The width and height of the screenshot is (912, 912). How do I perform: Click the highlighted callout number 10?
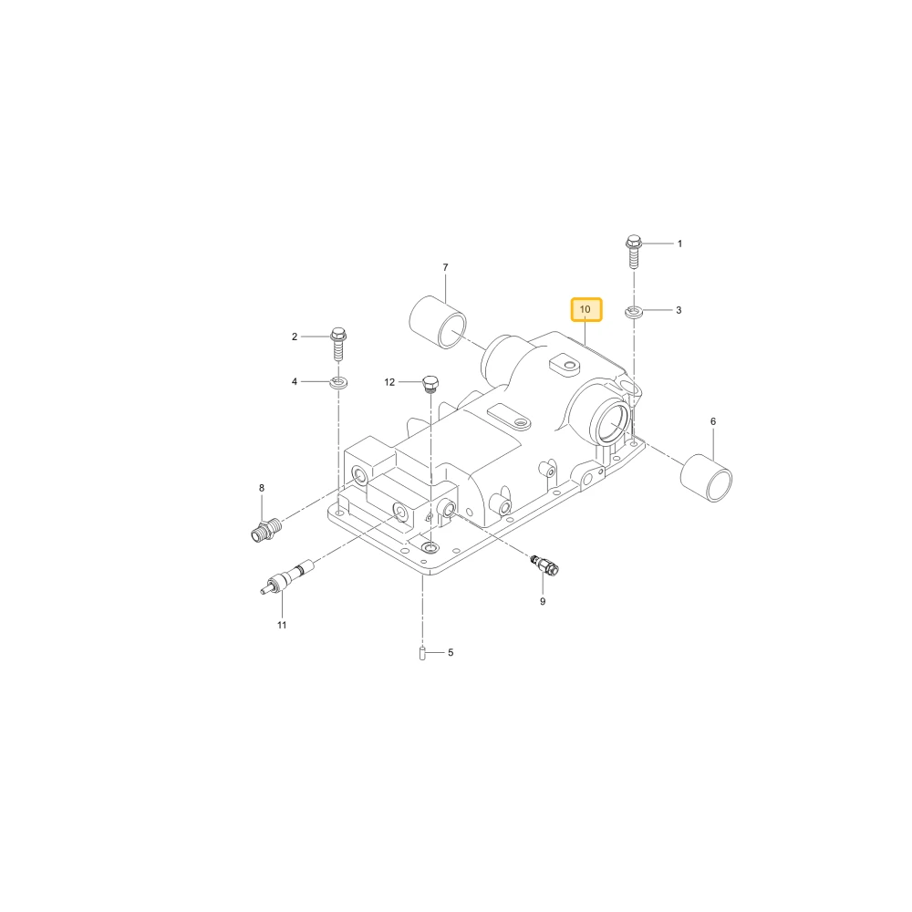[586, 309]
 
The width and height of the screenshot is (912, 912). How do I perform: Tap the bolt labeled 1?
[634, 252]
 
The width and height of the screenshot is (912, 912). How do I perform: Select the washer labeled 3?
[634, 312]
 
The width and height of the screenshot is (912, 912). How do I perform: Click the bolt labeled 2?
[338, 345]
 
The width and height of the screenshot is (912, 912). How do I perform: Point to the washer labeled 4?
[338, 383]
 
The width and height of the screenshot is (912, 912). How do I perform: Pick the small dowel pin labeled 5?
[423, 653]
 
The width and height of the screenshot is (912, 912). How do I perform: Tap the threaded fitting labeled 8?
[267, 530]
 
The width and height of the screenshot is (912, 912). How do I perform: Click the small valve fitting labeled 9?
[545, 565]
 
